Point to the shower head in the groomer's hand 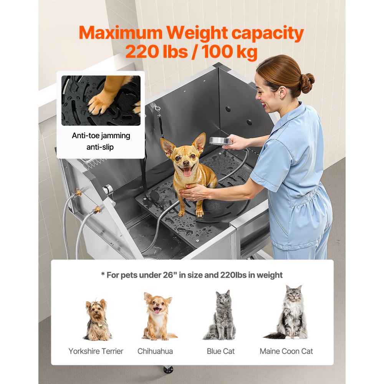[220, 141]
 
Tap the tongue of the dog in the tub [187, 172]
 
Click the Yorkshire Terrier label [96, 351]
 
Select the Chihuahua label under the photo [155, 351]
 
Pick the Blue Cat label [221, 351]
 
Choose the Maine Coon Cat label [286, 351]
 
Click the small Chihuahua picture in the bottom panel [157, 317]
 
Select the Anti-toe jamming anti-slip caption [101, 141]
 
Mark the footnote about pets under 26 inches [192, 275]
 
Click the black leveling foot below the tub [168, 369]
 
